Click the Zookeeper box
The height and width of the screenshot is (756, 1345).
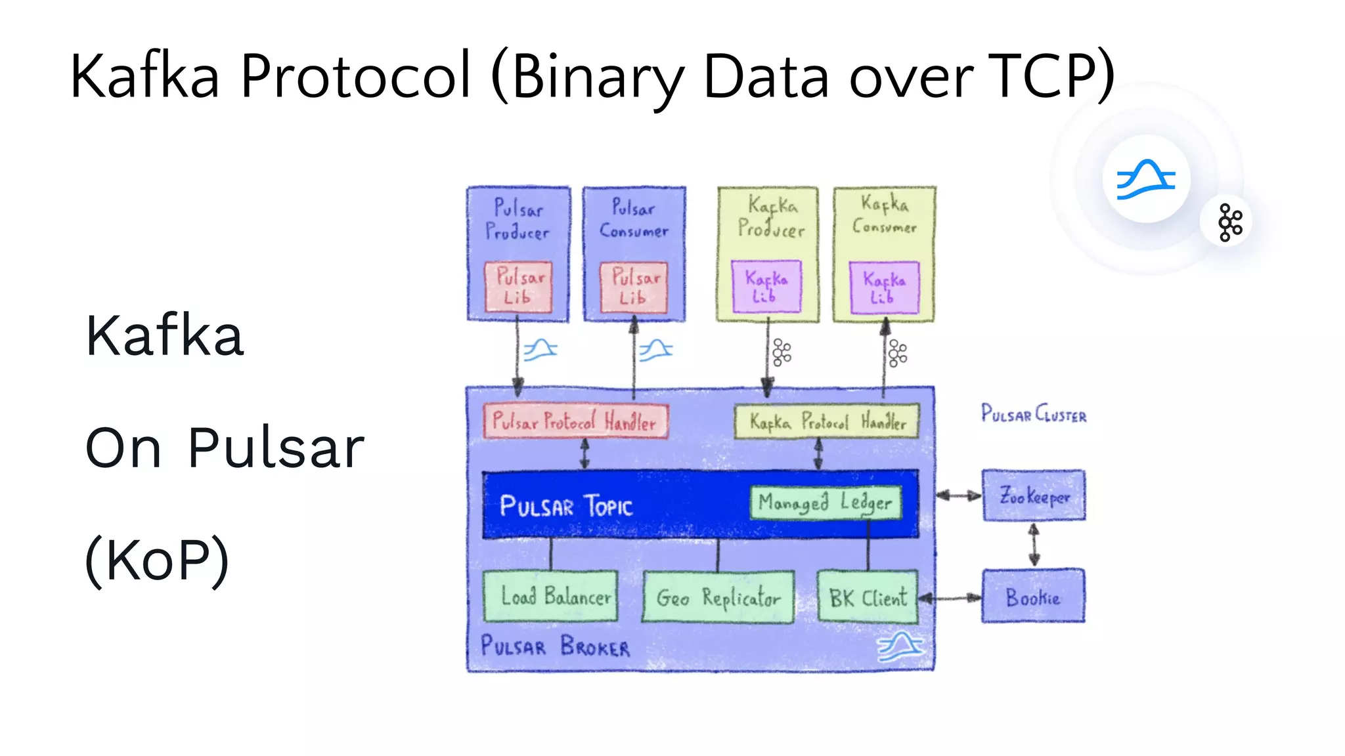pos(1033,495)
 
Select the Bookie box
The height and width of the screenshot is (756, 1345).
pos(1033,596)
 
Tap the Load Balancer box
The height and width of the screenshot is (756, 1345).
pos(550,596)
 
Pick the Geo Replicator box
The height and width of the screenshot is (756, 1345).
pos(718,597)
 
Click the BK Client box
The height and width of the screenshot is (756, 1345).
pos(867,597)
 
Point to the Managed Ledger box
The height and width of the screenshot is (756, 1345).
pos(825,503)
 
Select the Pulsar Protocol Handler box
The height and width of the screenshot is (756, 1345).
pos(575,421)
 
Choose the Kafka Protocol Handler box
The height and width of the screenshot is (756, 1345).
pos(826,421)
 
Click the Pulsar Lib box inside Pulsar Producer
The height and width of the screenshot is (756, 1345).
pos(518,287)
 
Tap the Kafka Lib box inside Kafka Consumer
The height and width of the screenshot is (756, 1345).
pos(884,287)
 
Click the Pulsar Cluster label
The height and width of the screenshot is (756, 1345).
pos(1033,414)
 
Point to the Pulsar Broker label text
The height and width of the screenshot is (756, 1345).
pos(555,646)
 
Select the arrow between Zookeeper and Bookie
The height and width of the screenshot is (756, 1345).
pos(1034,545)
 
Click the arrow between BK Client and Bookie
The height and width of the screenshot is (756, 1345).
pos(950,597)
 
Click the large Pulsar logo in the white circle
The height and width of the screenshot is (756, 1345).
pos(1146,178)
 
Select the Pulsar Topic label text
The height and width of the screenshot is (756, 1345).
pos(565,506)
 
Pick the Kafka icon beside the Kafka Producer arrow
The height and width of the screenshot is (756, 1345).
pos(782,352)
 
